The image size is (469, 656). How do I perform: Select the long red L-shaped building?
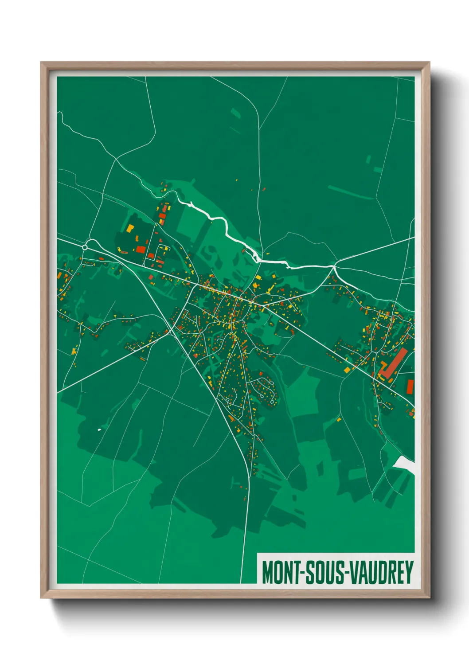(392, 363)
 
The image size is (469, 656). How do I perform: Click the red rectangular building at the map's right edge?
(410, 386)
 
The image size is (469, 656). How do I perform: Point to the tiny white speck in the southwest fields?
(99, 430)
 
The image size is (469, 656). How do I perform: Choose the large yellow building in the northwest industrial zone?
(130, 228)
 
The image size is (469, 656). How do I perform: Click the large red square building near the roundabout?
(141, 249)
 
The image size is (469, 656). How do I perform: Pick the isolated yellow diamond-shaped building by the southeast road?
(339, 419)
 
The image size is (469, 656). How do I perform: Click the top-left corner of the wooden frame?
(42, 63)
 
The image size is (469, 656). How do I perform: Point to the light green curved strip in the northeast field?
(350, 193)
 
